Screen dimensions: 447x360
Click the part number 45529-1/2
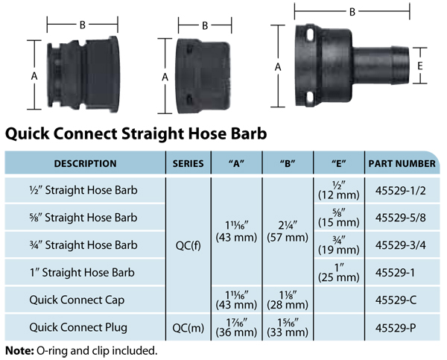400,190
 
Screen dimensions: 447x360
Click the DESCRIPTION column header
85,163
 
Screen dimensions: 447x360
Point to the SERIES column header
188,163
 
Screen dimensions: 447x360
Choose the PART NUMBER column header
402,163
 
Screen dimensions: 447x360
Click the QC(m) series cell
188,328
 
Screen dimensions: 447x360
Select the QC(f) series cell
188,245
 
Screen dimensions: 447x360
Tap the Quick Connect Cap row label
77,300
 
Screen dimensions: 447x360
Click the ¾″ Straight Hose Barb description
83,245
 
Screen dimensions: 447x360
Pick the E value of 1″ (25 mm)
339,273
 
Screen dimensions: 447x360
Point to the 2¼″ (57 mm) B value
288,232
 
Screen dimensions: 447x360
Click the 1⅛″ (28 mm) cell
288,300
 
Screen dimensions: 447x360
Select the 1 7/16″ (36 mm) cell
236,328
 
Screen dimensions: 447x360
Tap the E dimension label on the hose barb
419,66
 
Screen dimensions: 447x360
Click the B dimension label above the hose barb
352,12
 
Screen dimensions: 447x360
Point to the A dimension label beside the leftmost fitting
34,76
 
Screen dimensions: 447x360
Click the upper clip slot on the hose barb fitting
310,35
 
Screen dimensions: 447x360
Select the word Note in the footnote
19,350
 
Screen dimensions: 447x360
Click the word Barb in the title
249,133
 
